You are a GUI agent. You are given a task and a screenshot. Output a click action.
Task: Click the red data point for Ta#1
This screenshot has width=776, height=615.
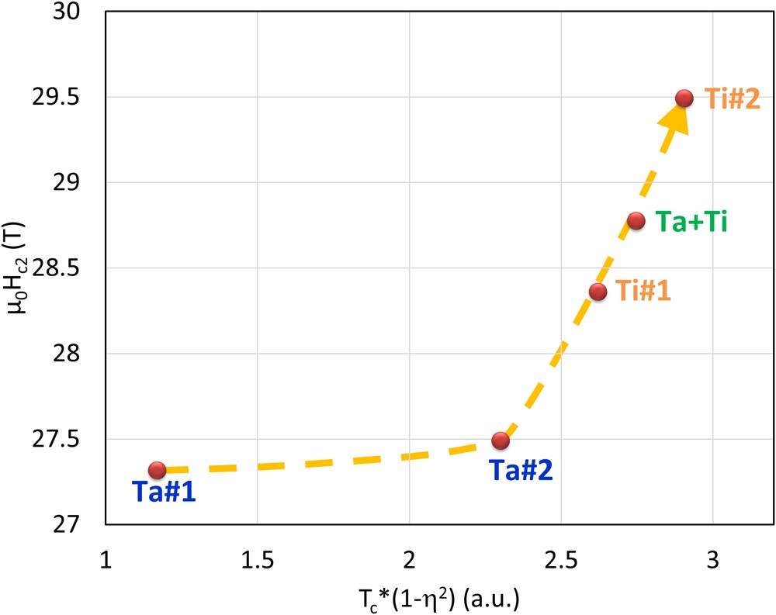point(158,470)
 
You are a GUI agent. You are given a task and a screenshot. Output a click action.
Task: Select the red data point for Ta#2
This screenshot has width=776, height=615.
point(501,441)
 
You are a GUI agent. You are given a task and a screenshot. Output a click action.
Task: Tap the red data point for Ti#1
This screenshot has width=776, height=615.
point(598,292)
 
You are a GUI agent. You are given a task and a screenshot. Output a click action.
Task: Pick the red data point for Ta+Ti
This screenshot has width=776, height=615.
point(636,220)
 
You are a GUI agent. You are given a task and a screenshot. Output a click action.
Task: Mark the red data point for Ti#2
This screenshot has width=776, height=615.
point(684,98)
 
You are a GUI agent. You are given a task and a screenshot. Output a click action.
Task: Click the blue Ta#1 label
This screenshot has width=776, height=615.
point(163,492)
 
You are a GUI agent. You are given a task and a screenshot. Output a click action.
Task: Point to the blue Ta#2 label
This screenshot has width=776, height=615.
point(520,469)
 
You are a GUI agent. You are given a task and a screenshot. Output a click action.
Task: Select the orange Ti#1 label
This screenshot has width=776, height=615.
point(643,292)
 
